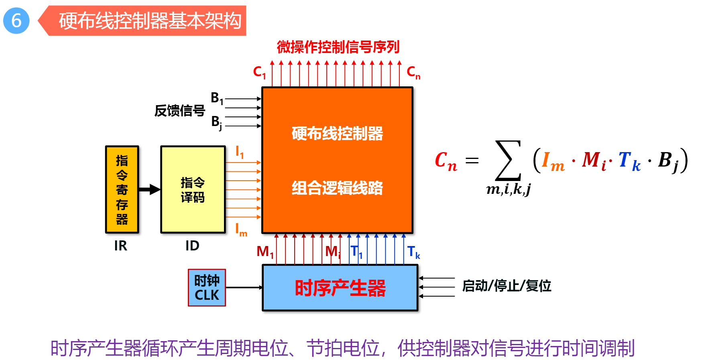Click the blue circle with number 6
[16, 20]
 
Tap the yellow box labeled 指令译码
[193, 189]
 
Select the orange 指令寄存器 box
[122, 189]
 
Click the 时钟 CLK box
[207, 288]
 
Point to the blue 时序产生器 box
[340, 288]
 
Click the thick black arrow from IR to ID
[149, 189]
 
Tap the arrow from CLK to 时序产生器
[244, 287]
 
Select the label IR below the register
[120, 246]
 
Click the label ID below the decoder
[192, 246]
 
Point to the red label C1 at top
[259, 72]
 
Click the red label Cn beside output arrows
[413, 72]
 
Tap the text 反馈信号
[180, 110]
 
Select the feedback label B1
[217, 98]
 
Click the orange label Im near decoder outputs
[241, 230]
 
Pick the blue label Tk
[413, 252]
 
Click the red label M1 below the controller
[265, 252]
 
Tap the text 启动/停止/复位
[507, 286]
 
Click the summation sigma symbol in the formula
[508, 161]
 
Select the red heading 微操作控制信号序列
[338, 47]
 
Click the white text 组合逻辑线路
[337, 188]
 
